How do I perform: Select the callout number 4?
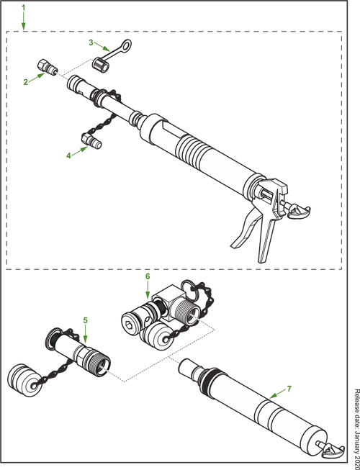(x=68, y=154)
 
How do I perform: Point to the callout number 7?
(x=289, y=388)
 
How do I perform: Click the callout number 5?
(x=85, y=319)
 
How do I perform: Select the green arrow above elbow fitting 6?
(x=147, y=290)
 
